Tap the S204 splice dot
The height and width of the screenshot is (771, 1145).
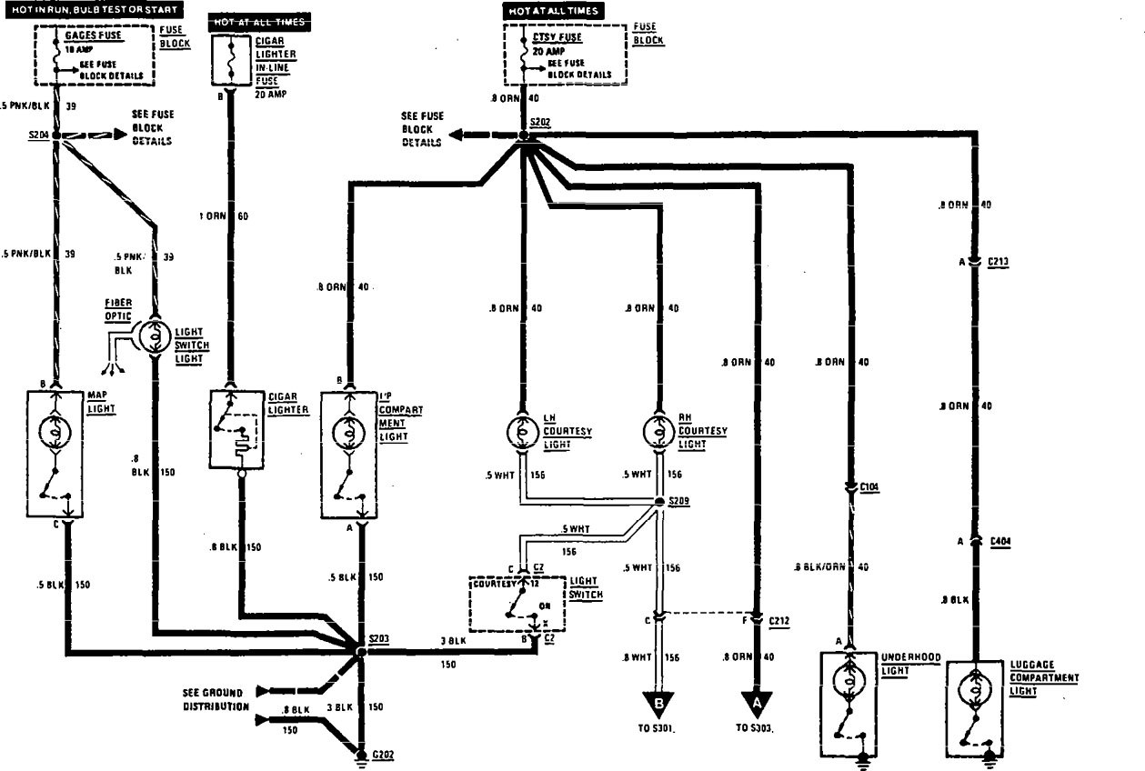pos(56,135)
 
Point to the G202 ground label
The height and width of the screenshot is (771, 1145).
pos(382,754)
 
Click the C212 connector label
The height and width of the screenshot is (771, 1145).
pos(779,621)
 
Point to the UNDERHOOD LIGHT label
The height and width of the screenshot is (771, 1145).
pos(905,663)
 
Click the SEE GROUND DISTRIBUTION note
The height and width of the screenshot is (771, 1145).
pos(215,698)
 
